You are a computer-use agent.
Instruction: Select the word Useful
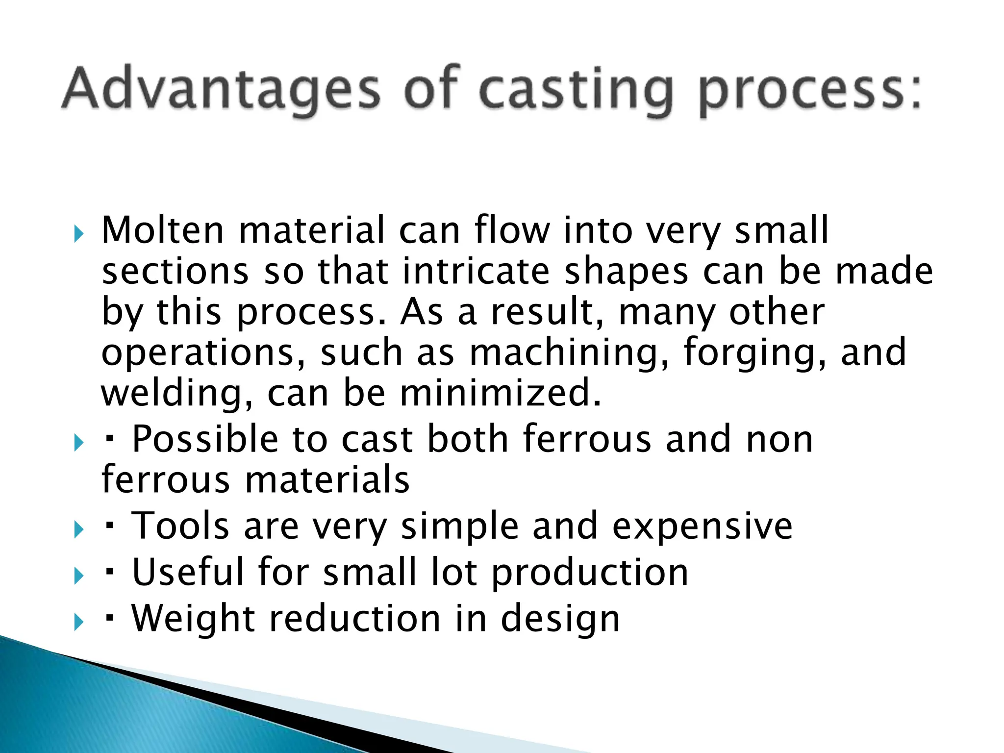click(188, 572)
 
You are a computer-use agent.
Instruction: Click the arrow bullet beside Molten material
click(79, 234)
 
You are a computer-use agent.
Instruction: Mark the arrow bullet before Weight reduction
click(79, 623)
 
